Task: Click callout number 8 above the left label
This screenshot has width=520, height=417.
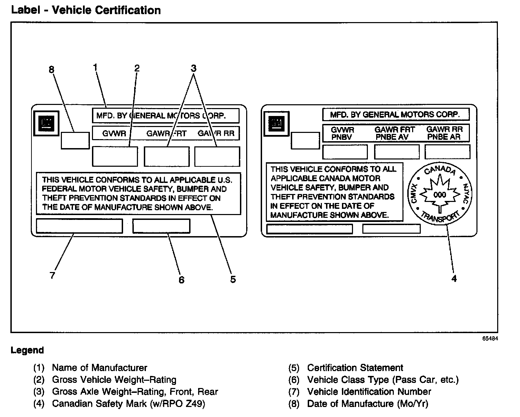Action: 52,70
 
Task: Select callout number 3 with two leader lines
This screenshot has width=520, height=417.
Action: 194,68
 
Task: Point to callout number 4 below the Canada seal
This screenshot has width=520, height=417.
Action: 454,278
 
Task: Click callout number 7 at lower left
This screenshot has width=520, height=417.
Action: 52,275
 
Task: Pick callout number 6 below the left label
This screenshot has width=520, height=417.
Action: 182,280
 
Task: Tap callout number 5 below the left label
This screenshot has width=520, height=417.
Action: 233,279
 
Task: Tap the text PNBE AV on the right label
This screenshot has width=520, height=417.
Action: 392,137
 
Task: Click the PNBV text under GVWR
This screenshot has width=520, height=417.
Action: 342,137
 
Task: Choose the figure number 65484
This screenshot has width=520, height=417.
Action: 490,339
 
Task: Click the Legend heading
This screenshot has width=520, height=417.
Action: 27,350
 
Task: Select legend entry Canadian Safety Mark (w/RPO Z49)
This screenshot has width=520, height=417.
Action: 128,404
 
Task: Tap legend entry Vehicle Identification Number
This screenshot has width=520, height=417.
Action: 369,392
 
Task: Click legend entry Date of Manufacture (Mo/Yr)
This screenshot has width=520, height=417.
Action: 368,404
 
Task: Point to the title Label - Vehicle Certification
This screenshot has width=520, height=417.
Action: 86,10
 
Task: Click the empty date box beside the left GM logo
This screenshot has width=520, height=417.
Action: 75,140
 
